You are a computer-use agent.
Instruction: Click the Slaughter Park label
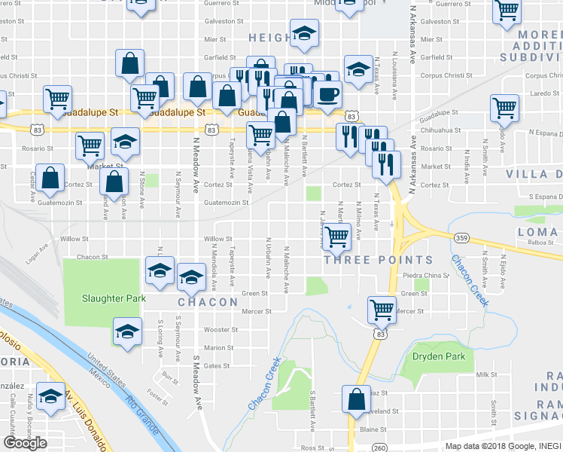click(x=107, y=297)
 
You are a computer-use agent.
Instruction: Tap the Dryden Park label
click(x=439, y=356)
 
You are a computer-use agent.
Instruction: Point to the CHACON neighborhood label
click(x=202, y=302)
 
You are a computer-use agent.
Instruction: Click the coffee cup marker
click(x=327, y=94)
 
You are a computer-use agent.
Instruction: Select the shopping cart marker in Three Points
click(x=336, y=236)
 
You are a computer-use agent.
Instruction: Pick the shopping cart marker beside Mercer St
click(x=382, y=308)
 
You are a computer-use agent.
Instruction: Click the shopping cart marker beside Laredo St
click(x=504, y=107)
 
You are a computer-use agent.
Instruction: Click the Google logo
click(x=25, y=443)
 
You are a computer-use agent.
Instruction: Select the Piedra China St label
click(x=426, y=275)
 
